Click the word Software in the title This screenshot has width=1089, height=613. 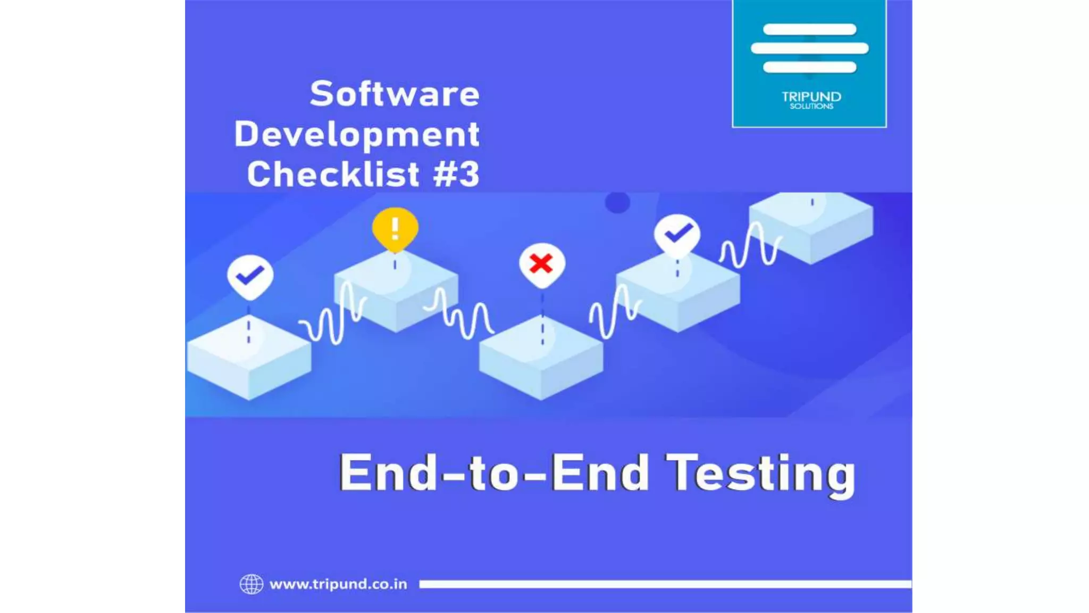click(x=395, y=94)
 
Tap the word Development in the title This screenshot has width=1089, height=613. click(x=357, y=134)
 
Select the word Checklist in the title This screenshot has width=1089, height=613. click(x=333, y=174)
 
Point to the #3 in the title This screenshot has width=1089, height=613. click(x=456, y=174)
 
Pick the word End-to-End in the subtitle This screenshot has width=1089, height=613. click(x=494, y=473)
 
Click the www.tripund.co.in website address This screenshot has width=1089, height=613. click(x=338, y=584)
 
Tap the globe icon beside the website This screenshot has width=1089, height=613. click(x=251, y=584)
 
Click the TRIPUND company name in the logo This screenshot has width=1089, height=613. click(x=811, y=96)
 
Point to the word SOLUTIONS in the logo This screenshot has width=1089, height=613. click(x=811, y=106)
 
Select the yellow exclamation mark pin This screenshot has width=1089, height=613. click(x=395, y=229)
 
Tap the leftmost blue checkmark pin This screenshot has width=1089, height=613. click(x=250, y=276)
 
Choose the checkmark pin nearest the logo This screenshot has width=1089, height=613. click(x=677, y=234)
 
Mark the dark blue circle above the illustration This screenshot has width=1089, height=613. click(x=617, y=202)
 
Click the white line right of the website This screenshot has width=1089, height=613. click(x=665, y=584)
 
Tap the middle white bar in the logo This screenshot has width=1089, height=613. click(x=809, y=48)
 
